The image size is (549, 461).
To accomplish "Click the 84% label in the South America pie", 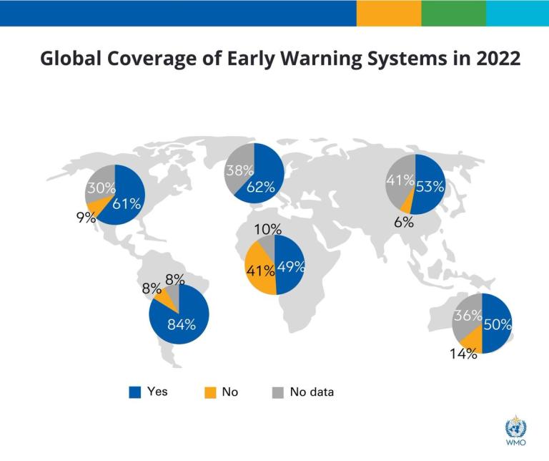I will click(x=182, y=324).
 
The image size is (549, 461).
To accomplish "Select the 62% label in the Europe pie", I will click(x=261, y=188).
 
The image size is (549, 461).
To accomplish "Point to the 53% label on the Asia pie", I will click(x=430, y=188).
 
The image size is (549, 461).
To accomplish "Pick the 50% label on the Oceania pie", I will click(x=497, y=324).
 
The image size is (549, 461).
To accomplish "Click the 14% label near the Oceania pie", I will click(x=463, y=354).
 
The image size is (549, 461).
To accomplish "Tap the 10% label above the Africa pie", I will click(x=267, y=230).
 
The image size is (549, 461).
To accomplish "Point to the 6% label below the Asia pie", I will click(x=404, y=222).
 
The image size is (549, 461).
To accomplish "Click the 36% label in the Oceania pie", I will click(x=468, y=316).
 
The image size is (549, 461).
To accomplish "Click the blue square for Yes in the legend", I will click(x=134, y=392).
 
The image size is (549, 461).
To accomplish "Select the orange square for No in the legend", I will click(x=209, y=392).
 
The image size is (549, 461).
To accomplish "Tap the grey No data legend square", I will click(x=277, y=392).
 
